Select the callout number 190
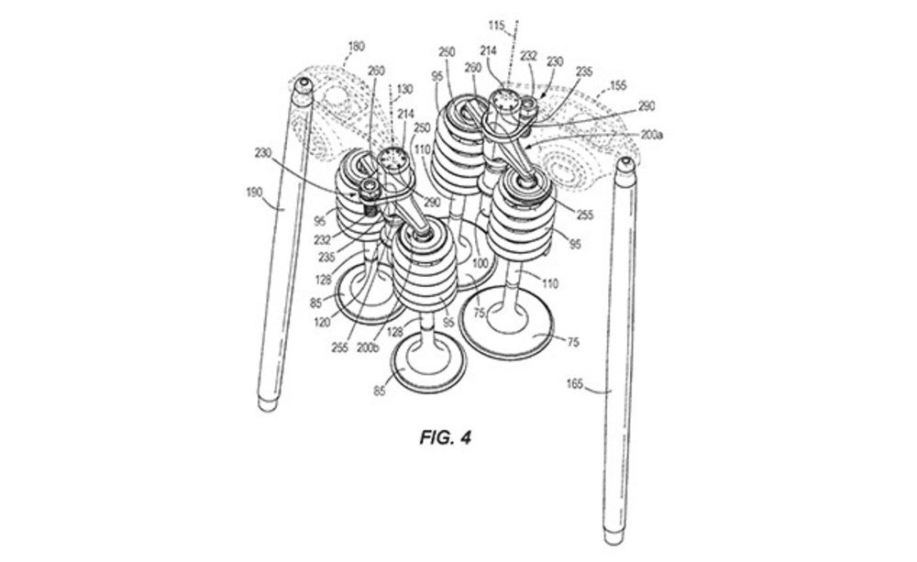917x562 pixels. click(254, 193)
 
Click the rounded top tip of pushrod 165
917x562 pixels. click(627, 165)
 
